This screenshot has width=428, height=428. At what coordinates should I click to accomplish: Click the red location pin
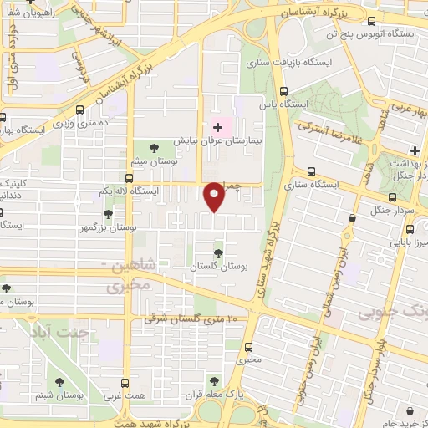[215, 196]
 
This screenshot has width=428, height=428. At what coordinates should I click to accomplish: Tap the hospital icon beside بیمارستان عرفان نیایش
[218, 127]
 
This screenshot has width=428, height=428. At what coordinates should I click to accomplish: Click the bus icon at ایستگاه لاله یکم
[128, 178]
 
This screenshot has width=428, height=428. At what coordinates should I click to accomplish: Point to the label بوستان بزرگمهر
[109, 227]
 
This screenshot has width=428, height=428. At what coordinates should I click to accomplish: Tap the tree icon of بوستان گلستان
[218, 252]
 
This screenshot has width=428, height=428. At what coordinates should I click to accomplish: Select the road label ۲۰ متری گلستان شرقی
[191, 318]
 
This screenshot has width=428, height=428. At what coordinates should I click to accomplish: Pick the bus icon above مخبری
[247, 346]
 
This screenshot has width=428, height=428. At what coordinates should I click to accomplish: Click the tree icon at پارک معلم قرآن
[215, 380]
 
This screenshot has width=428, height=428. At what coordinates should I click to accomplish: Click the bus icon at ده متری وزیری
[79, 110]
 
